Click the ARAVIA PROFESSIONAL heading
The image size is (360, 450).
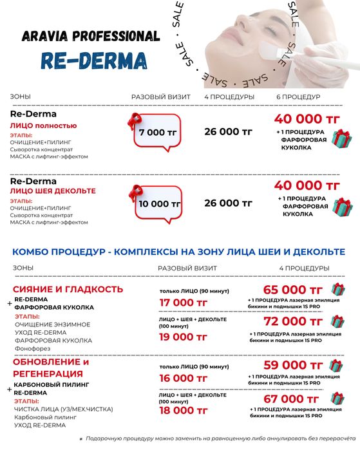click(90, 36)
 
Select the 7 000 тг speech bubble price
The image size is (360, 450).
click(152, 132)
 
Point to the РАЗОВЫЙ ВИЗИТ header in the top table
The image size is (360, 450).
click(161, 97)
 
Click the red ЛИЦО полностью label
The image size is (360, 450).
click(43, 126)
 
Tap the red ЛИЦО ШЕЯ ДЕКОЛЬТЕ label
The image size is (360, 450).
click(53, 191)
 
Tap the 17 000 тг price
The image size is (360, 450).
click(184, 302)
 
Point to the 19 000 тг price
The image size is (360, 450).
click(184, 337)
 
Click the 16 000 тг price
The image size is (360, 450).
click(184, 378)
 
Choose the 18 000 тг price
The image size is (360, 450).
click(184, 410)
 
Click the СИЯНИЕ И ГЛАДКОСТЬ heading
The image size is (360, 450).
click(68, 289)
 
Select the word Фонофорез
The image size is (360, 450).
click(30, 348)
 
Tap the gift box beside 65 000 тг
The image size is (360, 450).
click(337, 290)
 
